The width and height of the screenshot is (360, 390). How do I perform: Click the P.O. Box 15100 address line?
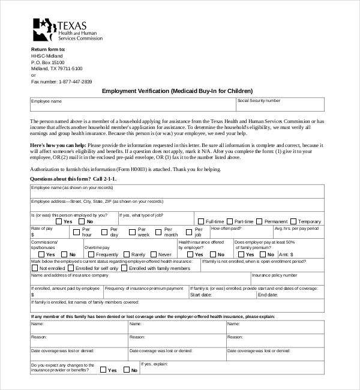(48, 62)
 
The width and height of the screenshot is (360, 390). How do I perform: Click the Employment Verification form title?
(181, 91)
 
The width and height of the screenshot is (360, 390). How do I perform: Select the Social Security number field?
(280, 104)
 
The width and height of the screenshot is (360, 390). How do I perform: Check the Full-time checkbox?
(201, 221)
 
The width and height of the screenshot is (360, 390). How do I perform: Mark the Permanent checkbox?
(260, 221)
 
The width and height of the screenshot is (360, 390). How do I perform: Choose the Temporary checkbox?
(293, 221)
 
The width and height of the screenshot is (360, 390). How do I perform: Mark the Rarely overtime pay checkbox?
(126, 254)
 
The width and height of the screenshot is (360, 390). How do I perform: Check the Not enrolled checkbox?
(34, 268)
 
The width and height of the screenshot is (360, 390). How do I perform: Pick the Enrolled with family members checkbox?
(124, 268)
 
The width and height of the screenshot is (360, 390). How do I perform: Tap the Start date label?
(200, 295)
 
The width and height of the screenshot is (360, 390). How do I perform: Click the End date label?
(268, 295)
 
